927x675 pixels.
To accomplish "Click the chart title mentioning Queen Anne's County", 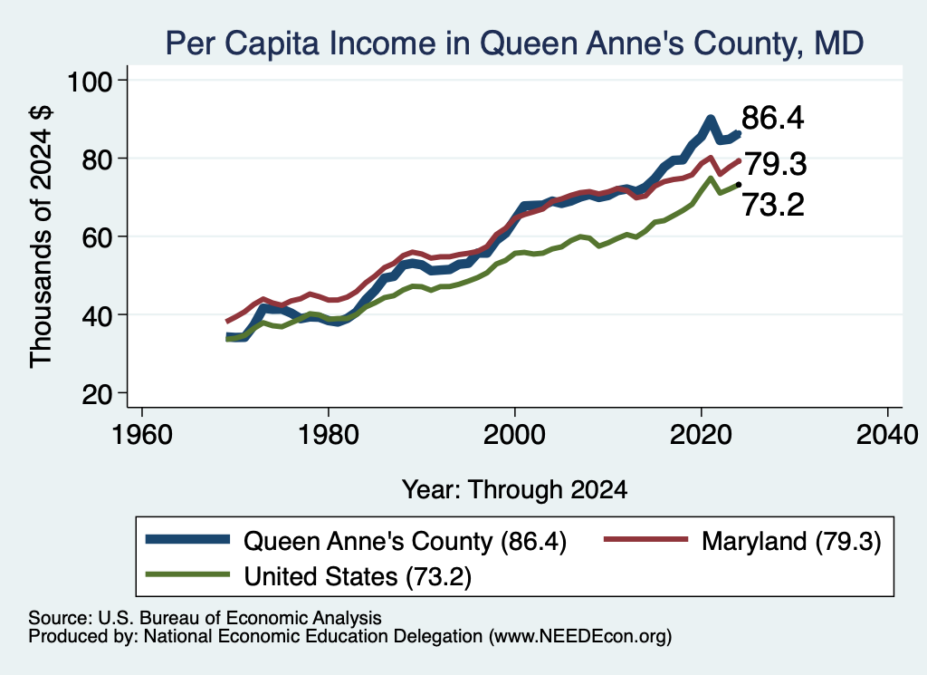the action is point(514,43).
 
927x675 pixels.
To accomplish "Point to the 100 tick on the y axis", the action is point(90,82).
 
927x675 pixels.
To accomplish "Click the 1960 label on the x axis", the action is point(141,435).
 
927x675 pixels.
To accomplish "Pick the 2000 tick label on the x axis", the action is point(514,435).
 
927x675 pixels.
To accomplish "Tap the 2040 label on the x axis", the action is point(887,435).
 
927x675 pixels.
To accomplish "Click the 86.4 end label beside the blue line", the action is point(773,118).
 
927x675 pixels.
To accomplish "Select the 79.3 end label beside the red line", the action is point(775,164).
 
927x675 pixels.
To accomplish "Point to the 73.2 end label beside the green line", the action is point(773,206).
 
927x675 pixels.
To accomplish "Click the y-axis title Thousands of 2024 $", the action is point(42,236).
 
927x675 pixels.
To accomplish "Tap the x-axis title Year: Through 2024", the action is point(514,490).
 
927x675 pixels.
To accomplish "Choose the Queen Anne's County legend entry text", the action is point(405,541).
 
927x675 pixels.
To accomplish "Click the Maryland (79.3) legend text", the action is point(791,541).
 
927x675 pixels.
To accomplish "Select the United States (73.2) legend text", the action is point(358,577).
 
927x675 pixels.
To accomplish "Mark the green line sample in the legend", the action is point(187,574).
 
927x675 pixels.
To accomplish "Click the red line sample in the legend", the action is point(645,539).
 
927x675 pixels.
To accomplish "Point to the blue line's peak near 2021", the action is point(711,119).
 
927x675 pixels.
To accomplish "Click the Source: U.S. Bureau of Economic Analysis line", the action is point(205,618).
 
